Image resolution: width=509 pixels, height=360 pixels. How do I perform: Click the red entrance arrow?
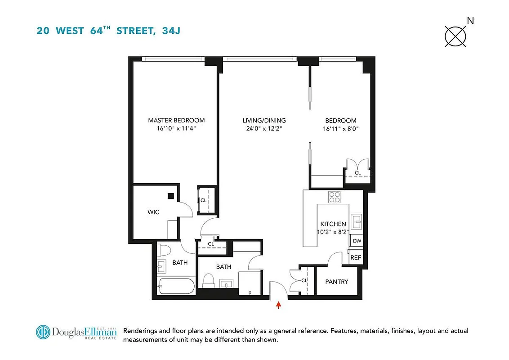tap(279, 306)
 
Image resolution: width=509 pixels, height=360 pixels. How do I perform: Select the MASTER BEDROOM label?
tap(176, 120)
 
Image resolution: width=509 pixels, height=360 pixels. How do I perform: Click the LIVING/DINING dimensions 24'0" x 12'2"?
tap(264, 129)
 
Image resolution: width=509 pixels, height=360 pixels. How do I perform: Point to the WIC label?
tap(153, 212)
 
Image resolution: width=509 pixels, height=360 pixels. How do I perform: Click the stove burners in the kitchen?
tap(334, 197)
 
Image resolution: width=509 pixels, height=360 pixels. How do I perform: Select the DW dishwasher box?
tap(357, 241)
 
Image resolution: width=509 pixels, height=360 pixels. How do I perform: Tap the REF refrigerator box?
tap(356, 257)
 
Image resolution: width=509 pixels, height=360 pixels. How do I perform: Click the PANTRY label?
tap(336, 282)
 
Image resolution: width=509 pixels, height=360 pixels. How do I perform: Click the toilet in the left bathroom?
tap(163, 250)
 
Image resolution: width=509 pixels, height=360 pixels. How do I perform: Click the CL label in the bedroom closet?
tap(358, 173)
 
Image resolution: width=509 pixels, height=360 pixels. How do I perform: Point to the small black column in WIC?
tap(171, 196)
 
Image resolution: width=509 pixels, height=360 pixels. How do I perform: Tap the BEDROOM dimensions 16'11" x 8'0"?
tap(340, 129)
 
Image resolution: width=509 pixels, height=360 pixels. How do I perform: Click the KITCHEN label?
tap(333, 224)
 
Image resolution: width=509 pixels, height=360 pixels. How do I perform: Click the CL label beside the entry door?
tap(304, 280)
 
